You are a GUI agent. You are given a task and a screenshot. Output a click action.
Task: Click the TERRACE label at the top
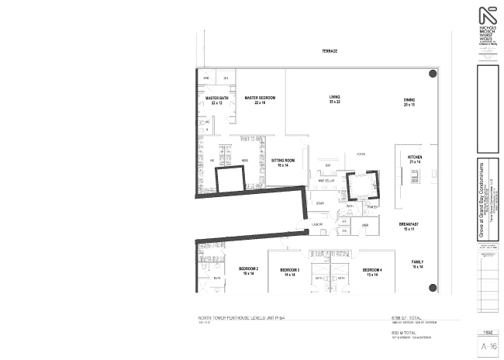pos(330,50)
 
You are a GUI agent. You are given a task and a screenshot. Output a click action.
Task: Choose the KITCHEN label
pos(414,158)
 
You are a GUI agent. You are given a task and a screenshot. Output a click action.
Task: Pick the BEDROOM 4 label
pos(372,272)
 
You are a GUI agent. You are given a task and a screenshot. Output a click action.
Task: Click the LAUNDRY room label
pos(316,224)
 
